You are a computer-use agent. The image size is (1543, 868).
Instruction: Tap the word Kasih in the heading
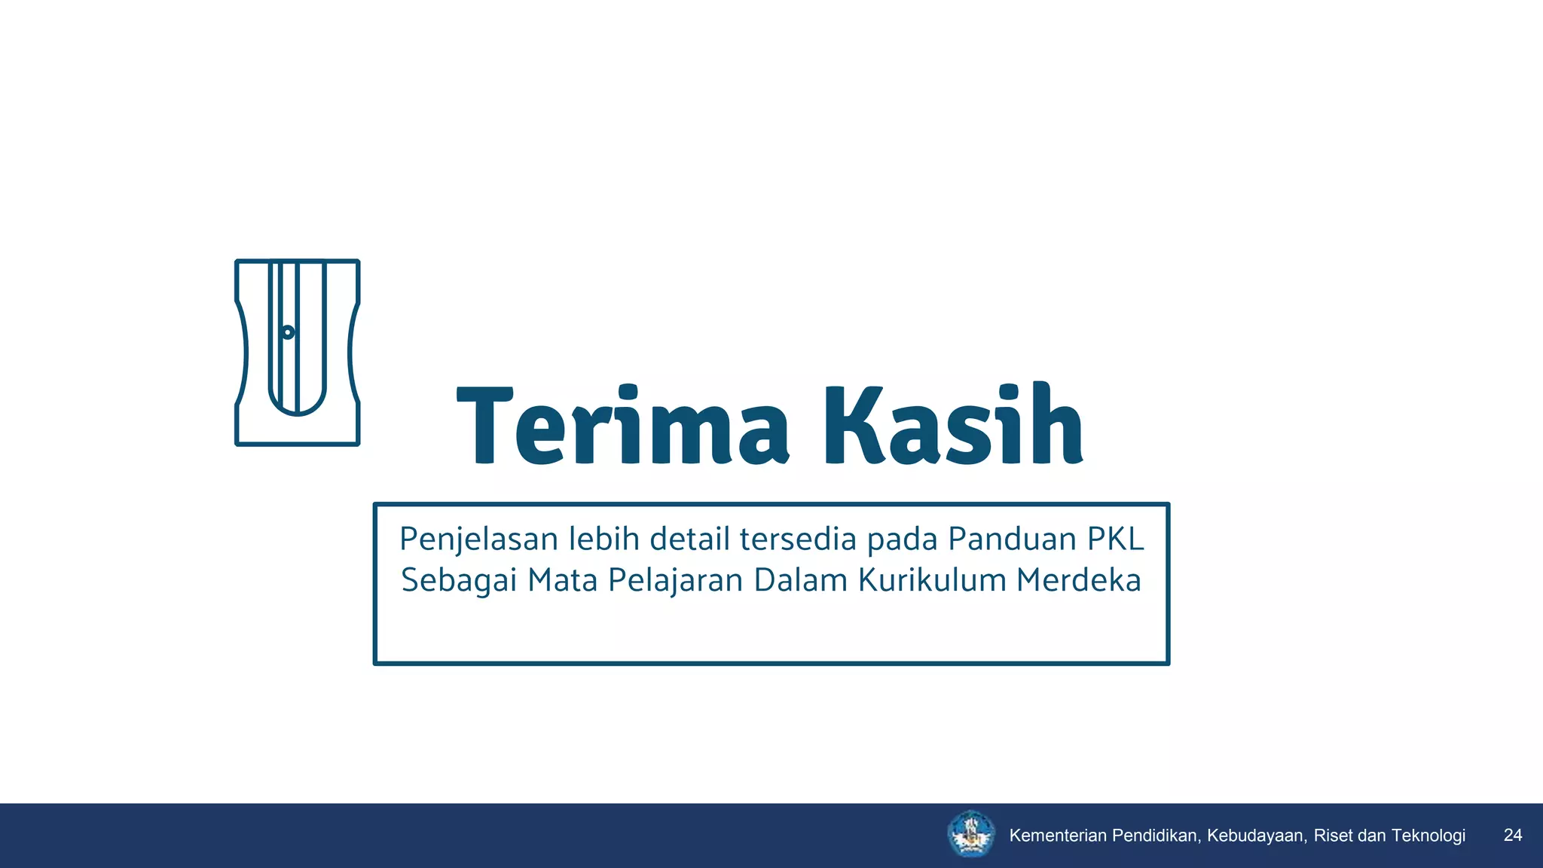pos(953,425)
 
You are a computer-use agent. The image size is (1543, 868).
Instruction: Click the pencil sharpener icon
pos(298,353)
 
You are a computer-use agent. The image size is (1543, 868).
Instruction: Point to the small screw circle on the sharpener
pos(287,332)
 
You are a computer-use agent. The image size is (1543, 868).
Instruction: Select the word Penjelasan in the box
pos(479,539)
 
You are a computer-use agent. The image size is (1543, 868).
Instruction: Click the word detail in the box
pos(689,539)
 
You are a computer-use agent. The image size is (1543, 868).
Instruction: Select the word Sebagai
pos(459,581)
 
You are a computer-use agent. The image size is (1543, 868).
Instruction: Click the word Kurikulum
pos(932,581)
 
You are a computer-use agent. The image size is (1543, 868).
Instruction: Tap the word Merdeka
pos(1078,581)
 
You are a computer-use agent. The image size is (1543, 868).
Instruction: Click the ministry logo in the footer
pos(971,834)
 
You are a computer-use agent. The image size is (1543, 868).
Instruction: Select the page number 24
pos(1513,835)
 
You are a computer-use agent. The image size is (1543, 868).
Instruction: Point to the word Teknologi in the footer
pos(1428,836)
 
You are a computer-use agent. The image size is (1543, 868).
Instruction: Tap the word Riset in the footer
pos(1334,836)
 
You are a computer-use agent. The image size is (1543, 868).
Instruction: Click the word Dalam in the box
pos(801,581)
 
